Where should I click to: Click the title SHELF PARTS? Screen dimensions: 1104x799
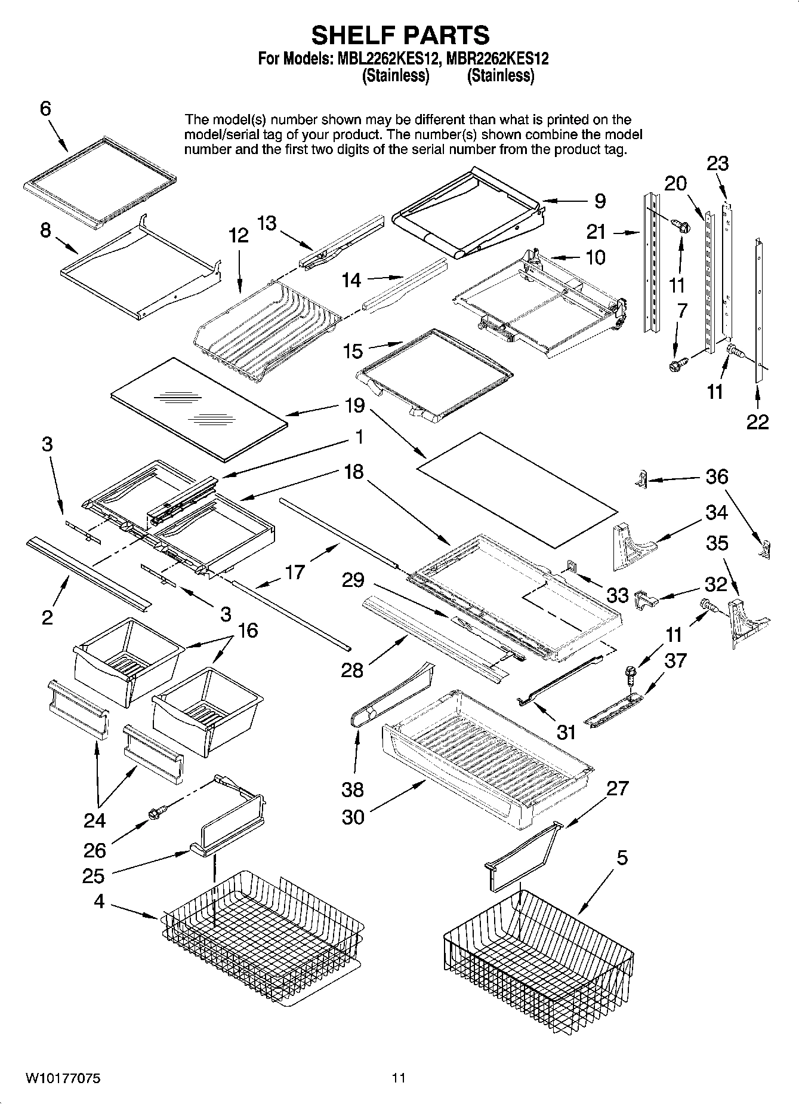(400, 35)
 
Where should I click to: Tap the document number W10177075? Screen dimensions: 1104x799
(63, 1078)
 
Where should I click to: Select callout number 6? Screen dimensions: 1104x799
(45, 109)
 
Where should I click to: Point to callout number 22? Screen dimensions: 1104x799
(757, 422)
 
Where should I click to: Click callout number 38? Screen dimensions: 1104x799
(352, 789)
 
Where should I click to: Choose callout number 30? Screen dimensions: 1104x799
(353, 817)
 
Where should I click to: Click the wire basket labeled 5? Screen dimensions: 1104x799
(537, 949)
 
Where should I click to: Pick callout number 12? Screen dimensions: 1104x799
(238, 235)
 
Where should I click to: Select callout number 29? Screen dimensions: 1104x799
(353, 579)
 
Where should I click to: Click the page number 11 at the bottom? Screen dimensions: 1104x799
(399, 1078)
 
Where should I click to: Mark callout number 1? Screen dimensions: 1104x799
(359, 437)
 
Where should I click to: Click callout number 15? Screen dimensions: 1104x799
(353, 351)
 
